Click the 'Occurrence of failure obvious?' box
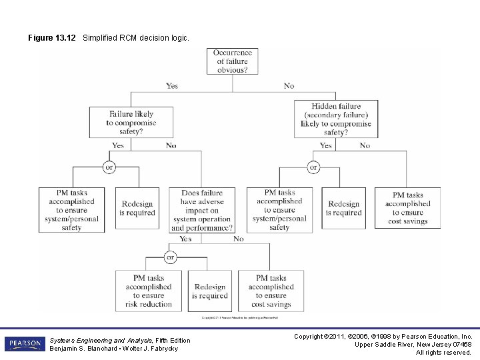point(233,61)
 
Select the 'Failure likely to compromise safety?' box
point(131,123)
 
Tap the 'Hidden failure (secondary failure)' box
point(336,119)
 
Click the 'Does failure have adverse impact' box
point(202,209)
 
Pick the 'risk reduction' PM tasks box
point(148,291)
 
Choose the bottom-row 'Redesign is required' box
point(211,291)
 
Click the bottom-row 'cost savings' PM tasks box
point(270,291)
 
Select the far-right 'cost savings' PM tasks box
point(407,209)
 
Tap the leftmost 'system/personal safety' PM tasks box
point(71,209)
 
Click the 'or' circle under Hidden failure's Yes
point(313,167)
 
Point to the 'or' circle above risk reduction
point(170,257)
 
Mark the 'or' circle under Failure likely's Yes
point(109,167)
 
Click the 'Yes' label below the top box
point(172,86)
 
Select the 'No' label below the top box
point(289,86)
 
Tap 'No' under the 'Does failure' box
point(238,239)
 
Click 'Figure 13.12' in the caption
point(51,38)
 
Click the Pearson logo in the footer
point(23,344)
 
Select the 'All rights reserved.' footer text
point(443,353)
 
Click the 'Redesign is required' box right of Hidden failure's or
point(343,209)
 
